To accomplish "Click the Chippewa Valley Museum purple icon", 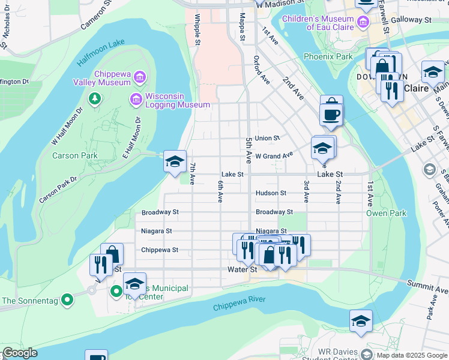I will [x=139, y=77].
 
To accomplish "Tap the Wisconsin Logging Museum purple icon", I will [x=136, y=98].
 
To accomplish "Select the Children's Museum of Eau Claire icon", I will [x=363, y=23].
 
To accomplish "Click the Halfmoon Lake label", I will [x=100, y=54].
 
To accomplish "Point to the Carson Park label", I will [x=74, y=155].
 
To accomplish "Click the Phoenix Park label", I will [x=328, y=57].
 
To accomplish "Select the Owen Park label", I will [x=386, y=213].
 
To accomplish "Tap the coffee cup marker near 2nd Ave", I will [x=331, y=113].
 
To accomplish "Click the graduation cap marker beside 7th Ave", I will [x=175, y=161].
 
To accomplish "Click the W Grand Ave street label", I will [x=274, y=155].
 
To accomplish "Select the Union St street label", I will [x=267, y=138].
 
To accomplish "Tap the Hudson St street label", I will [x=270, y=193].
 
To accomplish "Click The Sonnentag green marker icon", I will [x=68, y=298].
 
